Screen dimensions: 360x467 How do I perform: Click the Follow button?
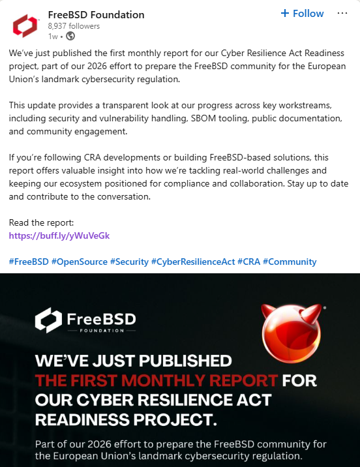302,14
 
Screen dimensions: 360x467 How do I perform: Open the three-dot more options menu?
342,14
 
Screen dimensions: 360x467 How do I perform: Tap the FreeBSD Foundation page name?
97,15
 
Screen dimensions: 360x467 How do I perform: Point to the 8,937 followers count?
74,26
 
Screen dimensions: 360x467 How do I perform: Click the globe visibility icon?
70,37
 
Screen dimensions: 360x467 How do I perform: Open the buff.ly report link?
59,235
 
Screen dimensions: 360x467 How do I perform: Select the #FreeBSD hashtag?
29,262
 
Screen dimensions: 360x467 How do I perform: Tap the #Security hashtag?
129,262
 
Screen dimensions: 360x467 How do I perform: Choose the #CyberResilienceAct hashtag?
192,262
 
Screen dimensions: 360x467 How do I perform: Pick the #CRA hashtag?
248,262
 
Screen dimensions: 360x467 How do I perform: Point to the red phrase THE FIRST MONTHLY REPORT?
157,380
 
